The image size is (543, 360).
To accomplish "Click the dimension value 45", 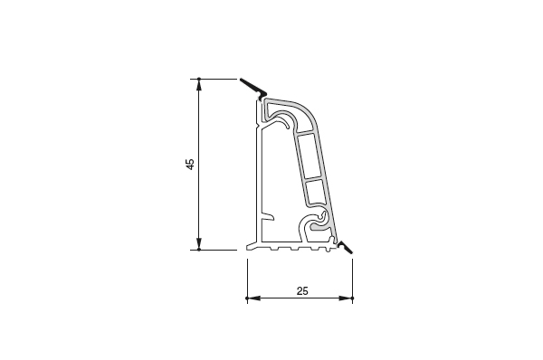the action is coord(190,164).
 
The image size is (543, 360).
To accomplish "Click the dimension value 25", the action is coord(302,291).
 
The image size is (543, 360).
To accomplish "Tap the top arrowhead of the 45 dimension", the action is coord(199,86).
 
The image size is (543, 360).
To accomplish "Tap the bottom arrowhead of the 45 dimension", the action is coord(199,242).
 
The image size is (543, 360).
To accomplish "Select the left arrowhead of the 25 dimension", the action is coord(254,298).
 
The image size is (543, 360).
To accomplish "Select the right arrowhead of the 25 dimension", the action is coord(345,298).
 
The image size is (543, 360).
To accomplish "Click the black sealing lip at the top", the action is coord(253,88).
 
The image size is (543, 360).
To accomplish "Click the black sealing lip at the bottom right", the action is coord(346,248).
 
